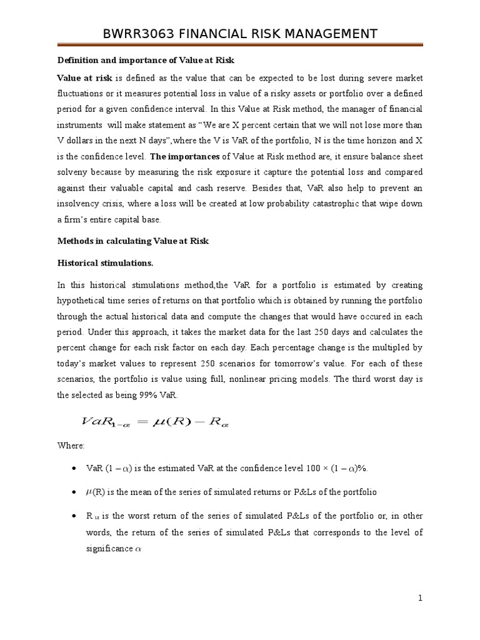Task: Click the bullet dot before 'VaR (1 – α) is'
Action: tap(74, 469)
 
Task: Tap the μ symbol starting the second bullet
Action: tap(88, 492)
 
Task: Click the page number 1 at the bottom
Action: tap(421, 598)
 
